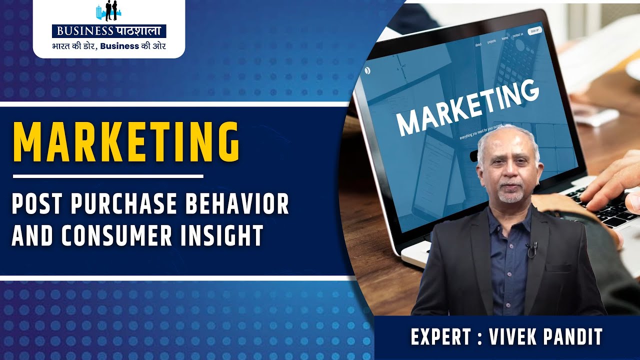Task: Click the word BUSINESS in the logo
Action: [85, 31]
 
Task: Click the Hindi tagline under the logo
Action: [109, 46]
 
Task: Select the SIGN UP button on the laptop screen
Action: [534, 31]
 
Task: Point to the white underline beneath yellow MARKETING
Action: [108, 176]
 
